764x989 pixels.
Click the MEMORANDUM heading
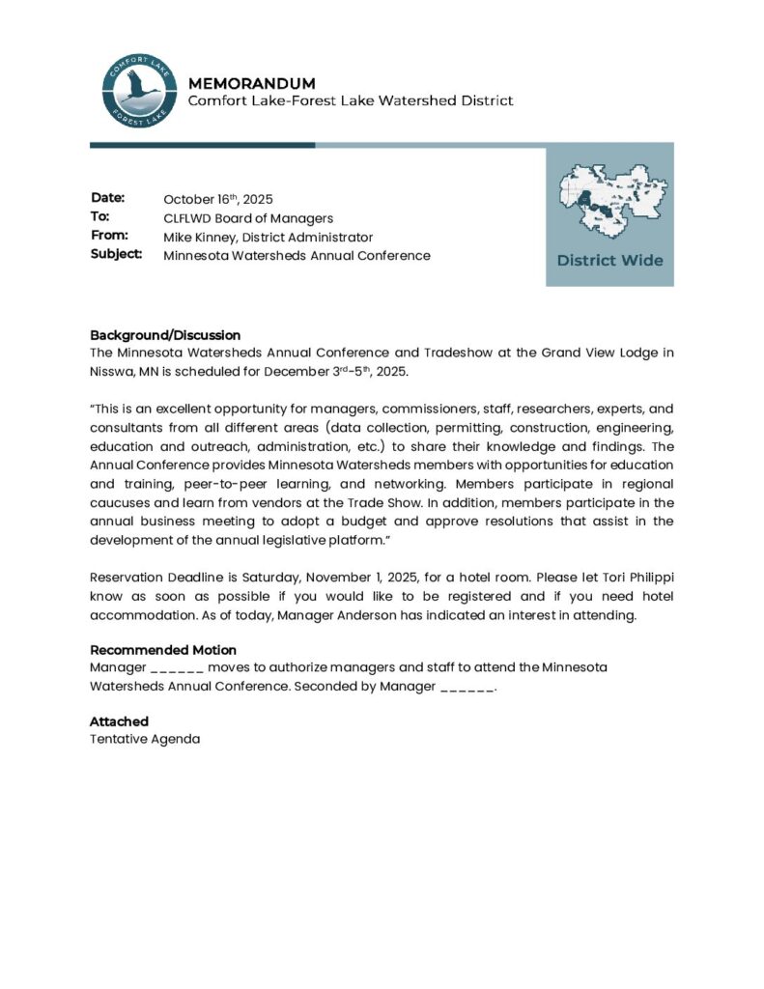coord(251,83)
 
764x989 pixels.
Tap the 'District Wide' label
coord(609,261)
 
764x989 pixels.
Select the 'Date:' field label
coord(108,198)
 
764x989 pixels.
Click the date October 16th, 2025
coord(218,199)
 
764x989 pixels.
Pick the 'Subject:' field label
coord(117,254)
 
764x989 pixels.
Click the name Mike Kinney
coord(199,237)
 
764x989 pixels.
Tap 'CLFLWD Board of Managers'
coord(248,218)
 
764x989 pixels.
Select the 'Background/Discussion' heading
coord(165,335)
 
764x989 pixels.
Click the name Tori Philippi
coord(637,578)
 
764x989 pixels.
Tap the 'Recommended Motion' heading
coord(163,650)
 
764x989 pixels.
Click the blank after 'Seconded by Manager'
coord(467,687)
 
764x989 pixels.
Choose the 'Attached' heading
coord(119,721)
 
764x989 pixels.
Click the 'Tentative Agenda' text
coord(145,739)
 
